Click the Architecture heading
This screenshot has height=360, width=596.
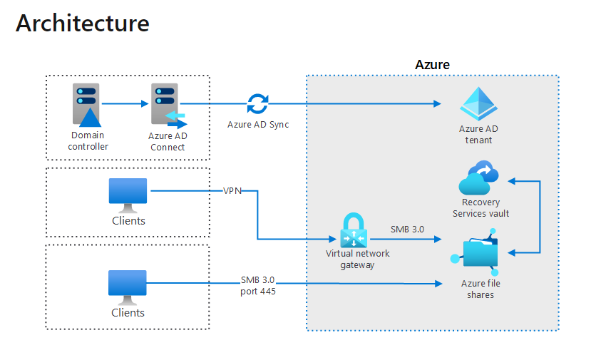(83, 23)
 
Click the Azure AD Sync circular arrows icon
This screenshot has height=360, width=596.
(257, 104)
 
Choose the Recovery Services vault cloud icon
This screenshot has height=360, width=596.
(478, 178)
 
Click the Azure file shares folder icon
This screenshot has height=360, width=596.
(478, 254)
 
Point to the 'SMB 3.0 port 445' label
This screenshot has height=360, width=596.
(257, 285)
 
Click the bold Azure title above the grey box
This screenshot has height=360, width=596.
(432, 65)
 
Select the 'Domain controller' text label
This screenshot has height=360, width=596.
(88, 141)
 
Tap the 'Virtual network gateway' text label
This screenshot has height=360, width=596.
(357, 259)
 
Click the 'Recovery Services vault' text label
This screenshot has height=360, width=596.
(481, 208)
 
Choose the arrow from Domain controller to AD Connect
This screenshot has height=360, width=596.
(125, 104)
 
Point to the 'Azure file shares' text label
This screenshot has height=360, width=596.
(481, 289)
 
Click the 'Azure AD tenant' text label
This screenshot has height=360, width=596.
(478, 135)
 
